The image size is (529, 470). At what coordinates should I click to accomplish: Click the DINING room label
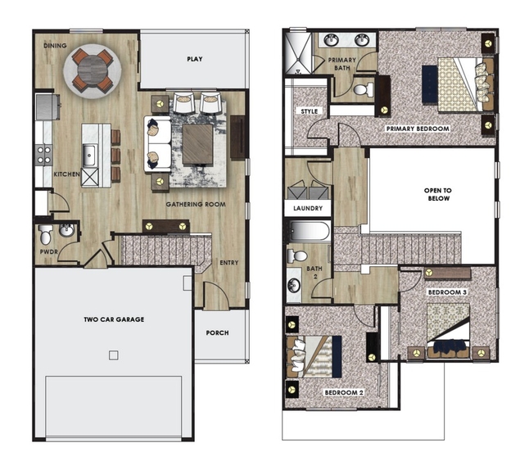[55, 46]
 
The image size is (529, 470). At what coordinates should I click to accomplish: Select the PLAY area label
[195, 59]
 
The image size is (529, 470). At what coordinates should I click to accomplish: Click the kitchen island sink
[89, 156]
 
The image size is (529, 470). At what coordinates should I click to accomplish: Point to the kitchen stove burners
[44, 155]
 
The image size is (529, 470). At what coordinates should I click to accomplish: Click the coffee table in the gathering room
[198, 144]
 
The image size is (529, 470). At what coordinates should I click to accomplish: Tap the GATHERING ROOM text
[196, 204]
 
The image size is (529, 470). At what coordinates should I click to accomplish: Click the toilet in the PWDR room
[45, 234]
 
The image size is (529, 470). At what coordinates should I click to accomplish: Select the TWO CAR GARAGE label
[114, 319]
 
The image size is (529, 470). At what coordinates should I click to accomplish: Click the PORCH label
[217, 332]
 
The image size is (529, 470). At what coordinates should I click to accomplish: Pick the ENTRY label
[229, 263]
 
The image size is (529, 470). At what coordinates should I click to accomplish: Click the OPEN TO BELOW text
[438, 194]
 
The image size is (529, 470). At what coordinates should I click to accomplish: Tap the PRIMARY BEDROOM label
[418, 129]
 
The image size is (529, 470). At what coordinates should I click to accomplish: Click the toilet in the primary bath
[363, 89]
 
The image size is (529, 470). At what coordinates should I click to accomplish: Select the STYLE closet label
[309, 111]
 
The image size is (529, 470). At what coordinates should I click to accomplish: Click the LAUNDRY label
[308, 208]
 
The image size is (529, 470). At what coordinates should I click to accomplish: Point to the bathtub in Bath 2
[310, 231]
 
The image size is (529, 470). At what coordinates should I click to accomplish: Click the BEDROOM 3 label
[447, 292]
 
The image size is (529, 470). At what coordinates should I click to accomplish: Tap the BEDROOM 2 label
[344, 393]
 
